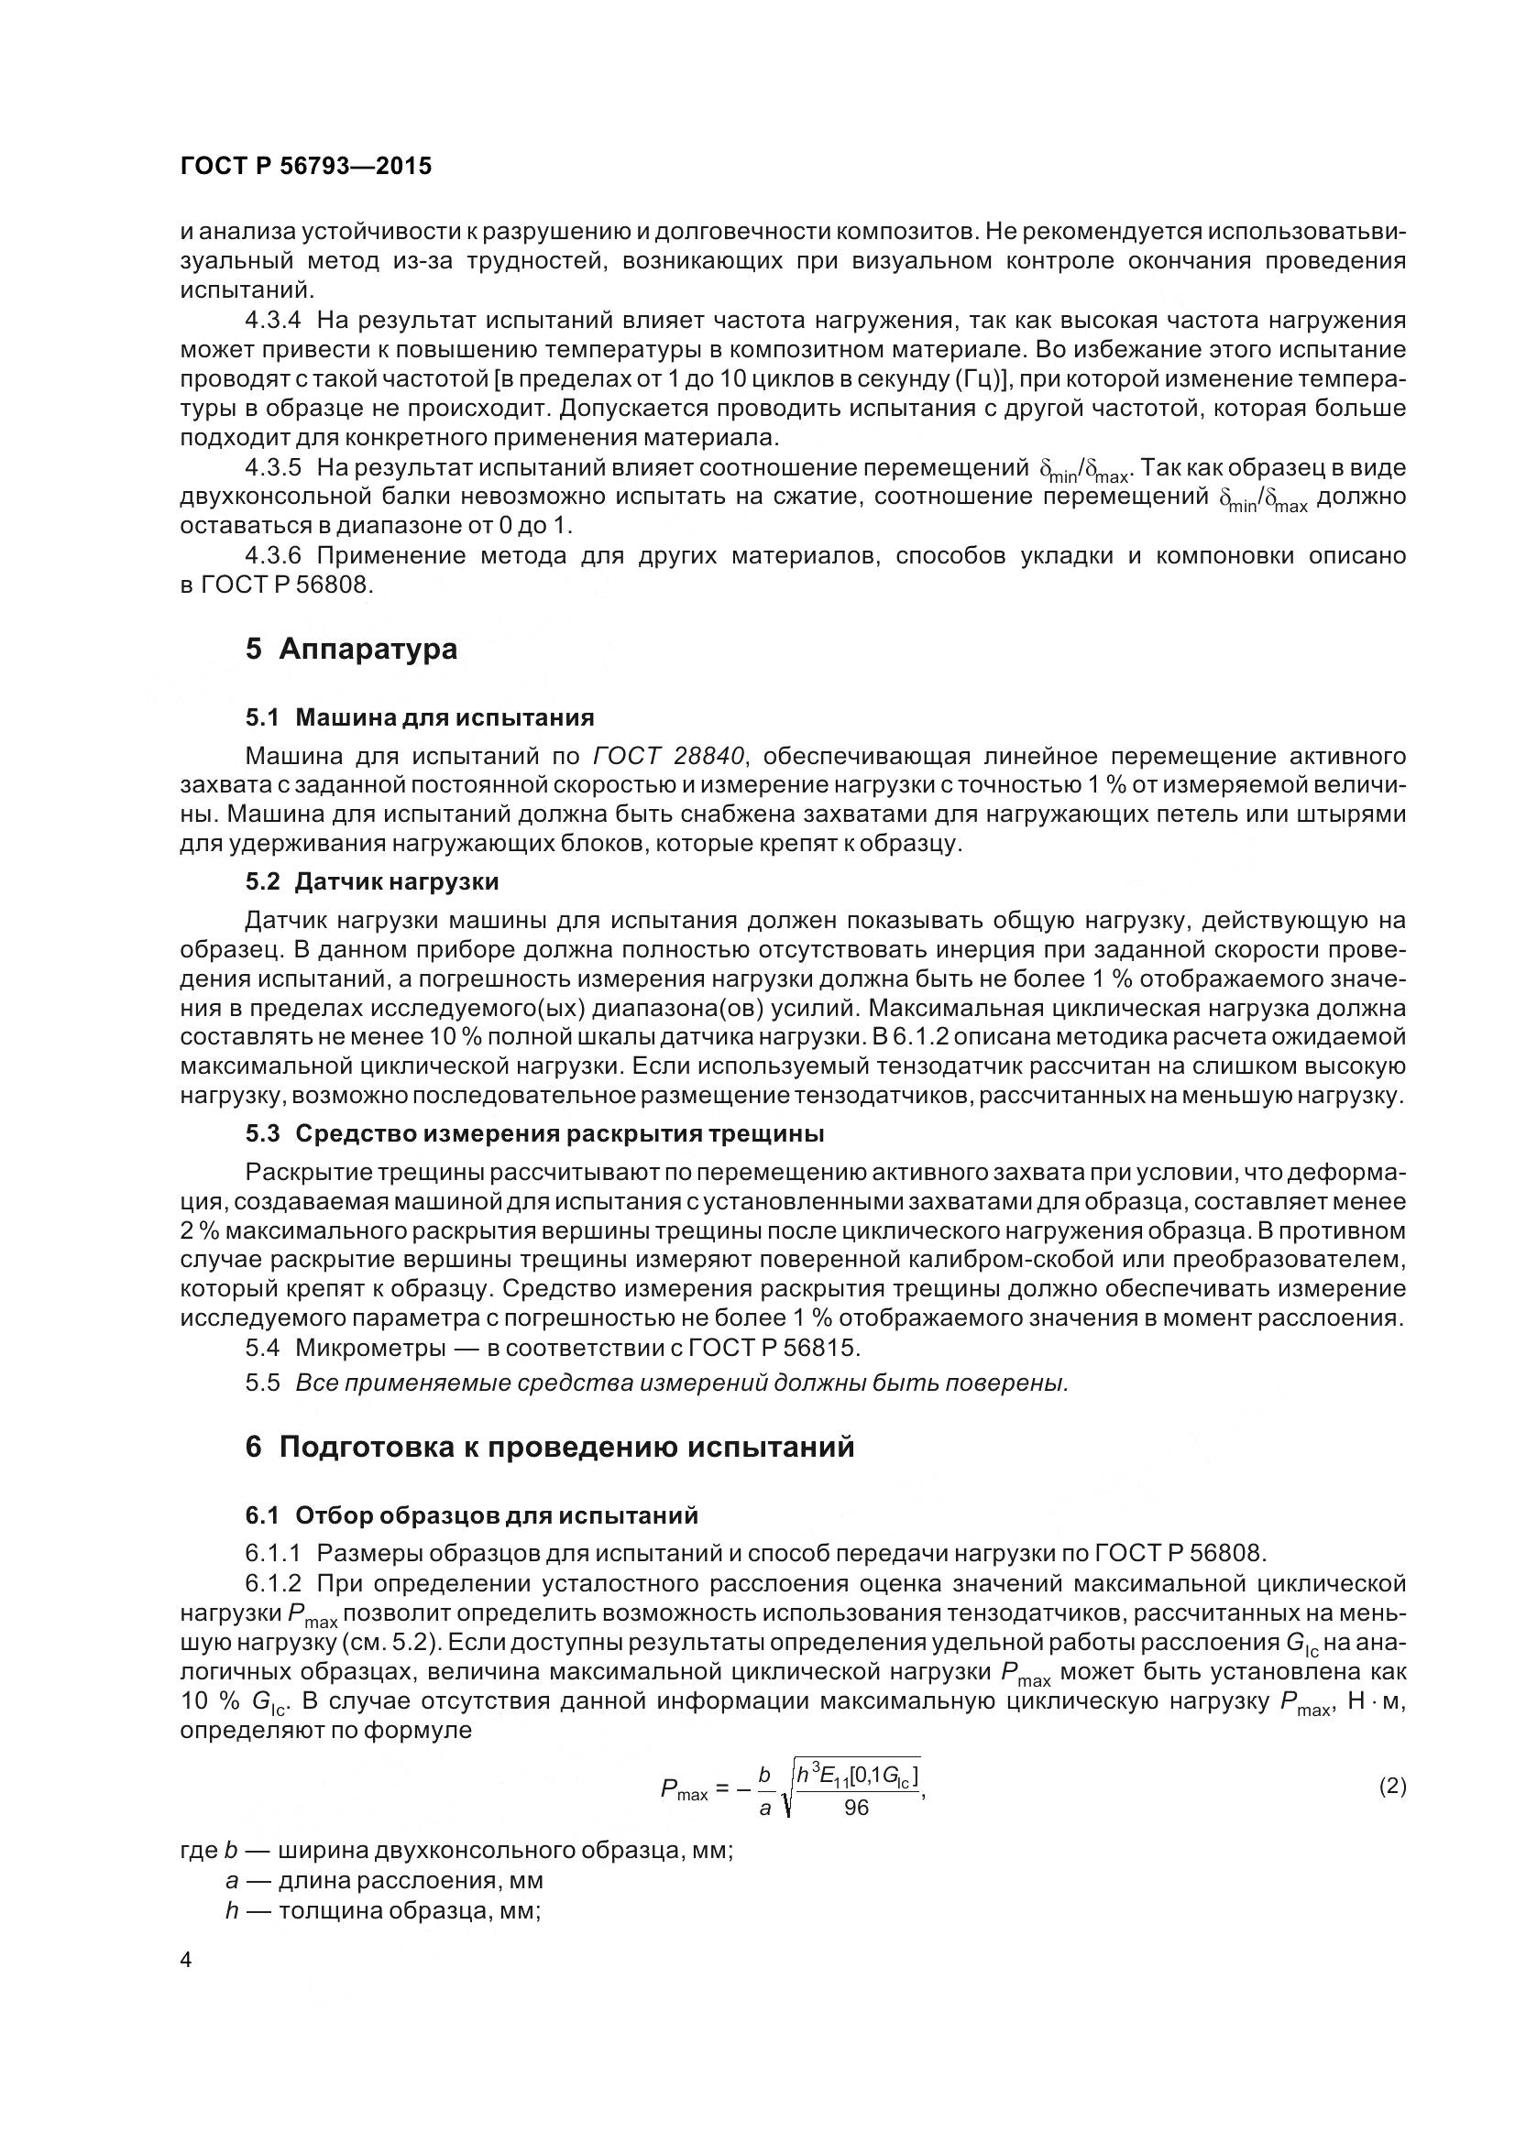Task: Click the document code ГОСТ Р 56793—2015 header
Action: click(305, 166)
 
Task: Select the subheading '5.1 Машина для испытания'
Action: click(420, 716)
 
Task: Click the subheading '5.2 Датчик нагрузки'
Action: click(371, 881)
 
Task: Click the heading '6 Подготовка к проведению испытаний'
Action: click(550, 1447)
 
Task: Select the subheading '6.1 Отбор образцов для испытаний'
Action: click(471, 1514)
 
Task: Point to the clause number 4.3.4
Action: click(273, 321)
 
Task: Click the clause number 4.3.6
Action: click(273, 556)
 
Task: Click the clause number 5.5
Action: click(262, 1383)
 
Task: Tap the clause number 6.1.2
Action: click(273, 1583)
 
